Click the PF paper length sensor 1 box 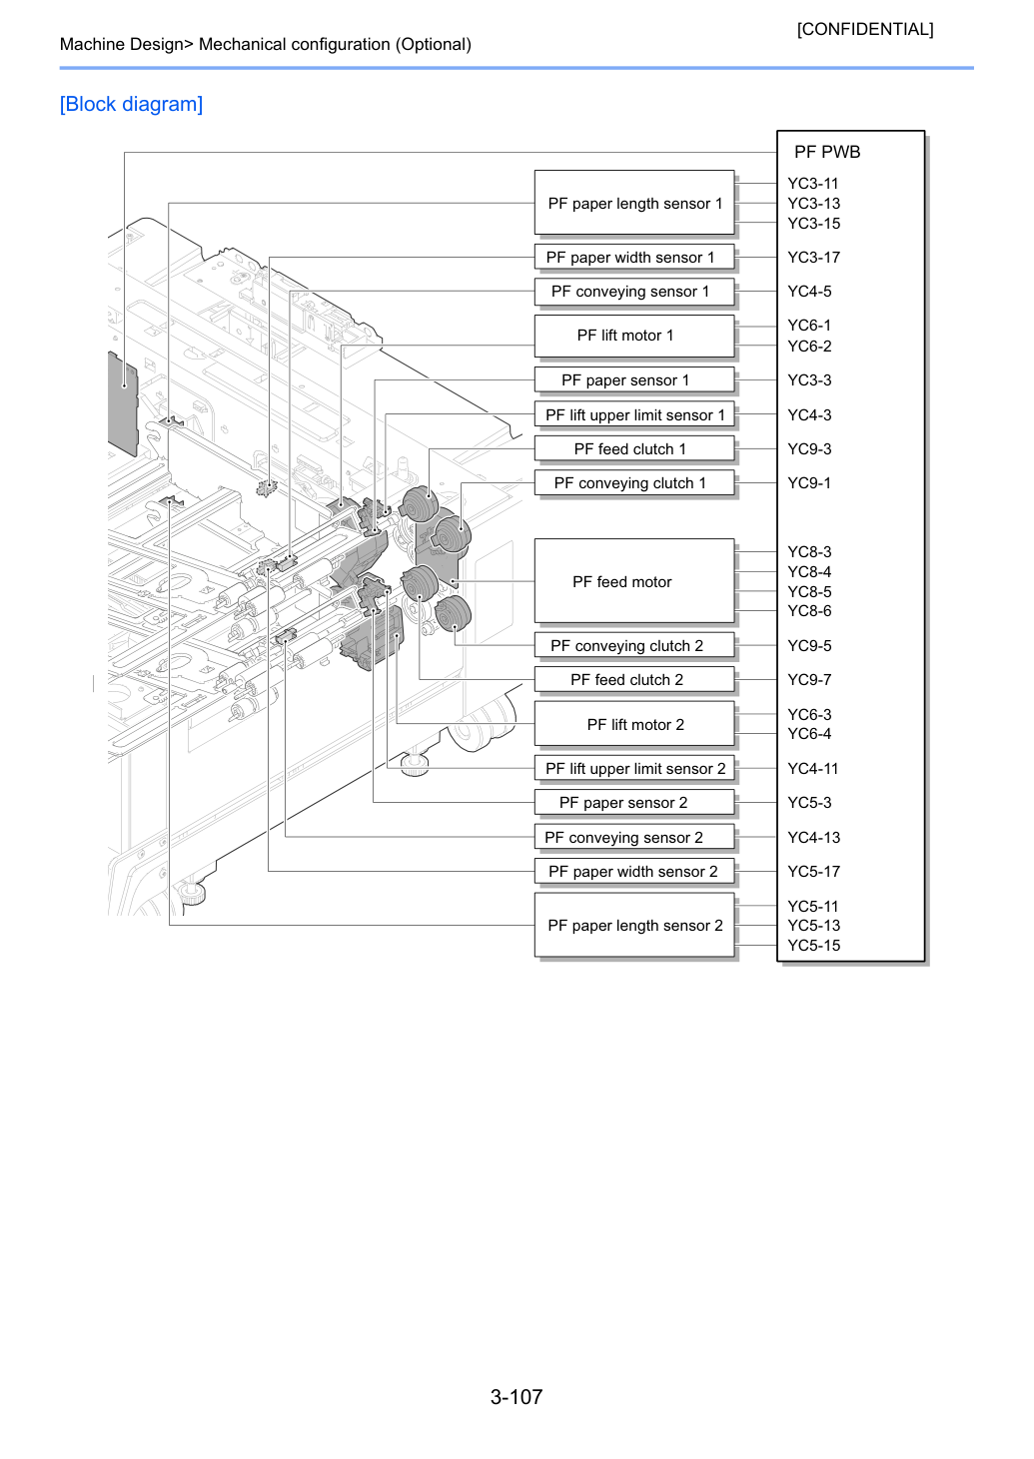(x=634, y=203)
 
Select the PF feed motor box (x=634, y=580)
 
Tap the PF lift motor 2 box (x=634, y=724)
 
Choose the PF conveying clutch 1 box (x=634, y=482)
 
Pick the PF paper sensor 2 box (x=634, y=802)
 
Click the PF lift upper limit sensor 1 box (x=634, y=414)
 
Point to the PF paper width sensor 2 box (x=634, y=871)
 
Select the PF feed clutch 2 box (x=634, y=679)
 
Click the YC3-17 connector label (x=813, y=258)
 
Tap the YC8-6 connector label (x=809, y=611)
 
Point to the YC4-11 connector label (x=812, y=769)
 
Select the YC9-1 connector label (x=809, y=482)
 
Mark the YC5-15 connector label (x=813, y=945)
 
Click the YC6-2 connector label (x=809, y=346)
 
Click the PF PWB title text (x=827, y=152)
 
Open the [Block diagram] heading (x=131, y=104)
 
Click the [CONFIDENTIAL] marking (x=864, y=29)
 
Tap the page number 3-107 (x=517, y=1396)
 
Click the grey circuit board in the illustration (x=123, y=403)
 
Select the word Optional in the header (x=436, y=44)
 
